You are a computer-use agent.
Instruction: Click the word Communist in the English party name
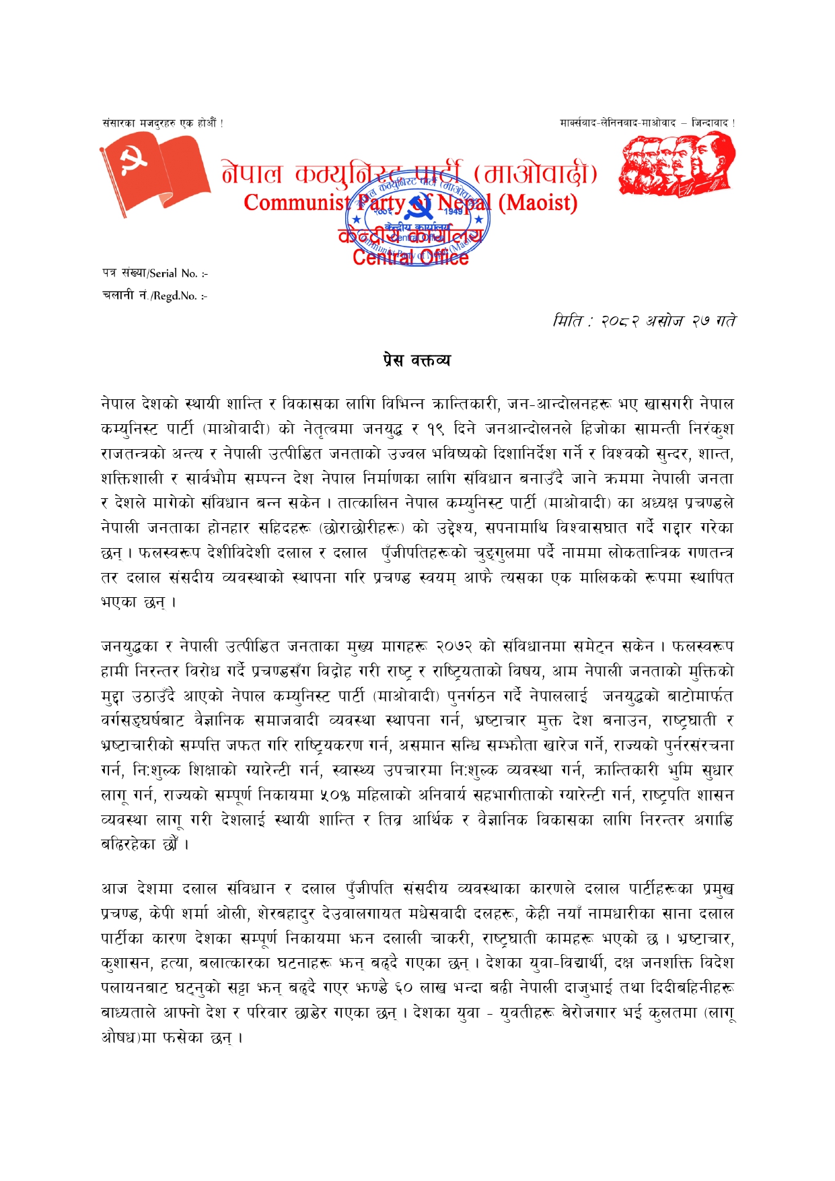(297, 202)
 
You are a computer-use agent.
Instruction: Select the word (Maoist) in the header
(537, 202)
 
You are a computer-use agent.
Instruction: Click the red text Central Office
(410, 257)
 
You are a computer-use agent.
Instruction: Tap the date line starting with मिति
(644, 321)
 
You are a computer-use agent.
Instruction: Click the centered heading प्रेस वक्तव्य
(417, 360)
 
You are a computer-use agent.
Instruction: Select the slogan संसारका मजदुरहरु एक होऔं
(162, 123)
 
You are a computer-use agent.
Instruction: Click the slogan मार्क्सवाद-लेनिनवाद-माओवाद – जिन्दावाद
(647, 123)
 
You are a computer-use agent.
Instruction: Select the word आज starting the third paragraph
(115, 889)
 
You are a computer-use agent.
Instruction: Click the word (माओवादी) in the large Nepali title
(536, 174)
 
